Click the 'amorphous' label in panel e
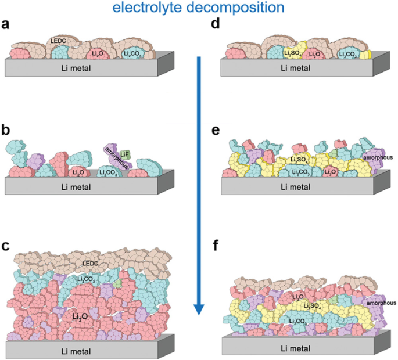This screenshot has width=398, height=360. [x=377, y=157]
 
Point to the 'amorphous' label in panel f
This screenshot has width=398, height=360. [x=381, y=303]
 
